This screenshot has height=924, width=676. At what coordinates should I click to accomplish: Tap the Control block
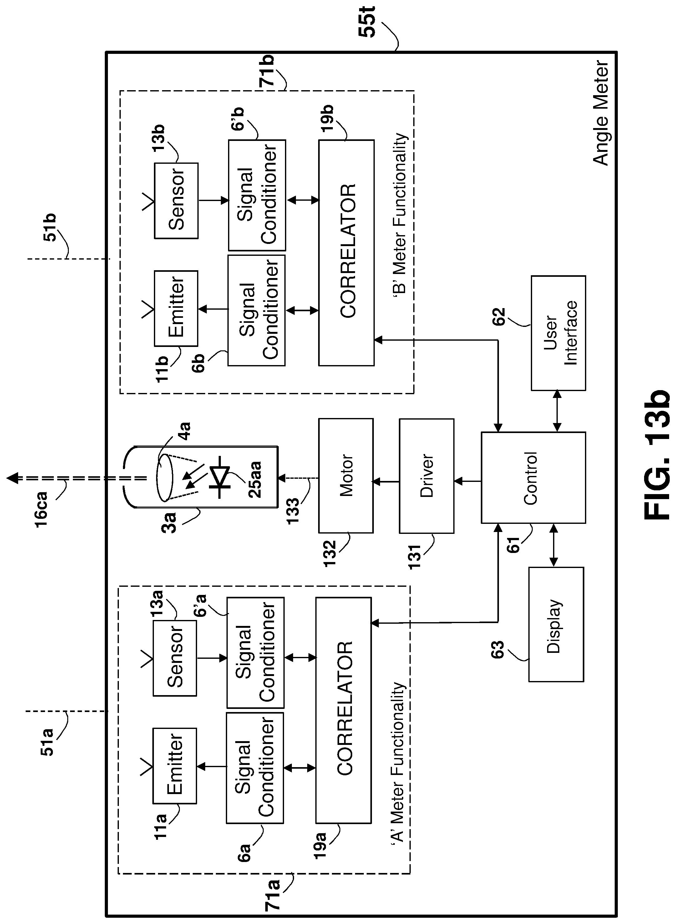(x=533, y=477)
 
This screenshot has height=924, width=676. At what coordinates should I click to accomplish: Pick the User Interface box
(x=558, y=333)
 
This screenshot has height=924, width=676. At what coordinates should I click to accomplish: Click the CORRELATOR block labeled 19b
(x=346, y=253)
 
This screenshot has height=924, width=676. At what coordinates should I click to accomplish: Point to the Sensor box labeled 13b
(x=176, y=201)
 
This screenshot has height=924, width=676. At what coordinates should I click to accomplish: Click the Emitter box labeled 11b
(x=176, y=308)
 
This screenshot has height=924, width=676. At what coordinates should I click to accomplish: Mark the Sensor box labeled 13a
(x=175, y=658)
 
